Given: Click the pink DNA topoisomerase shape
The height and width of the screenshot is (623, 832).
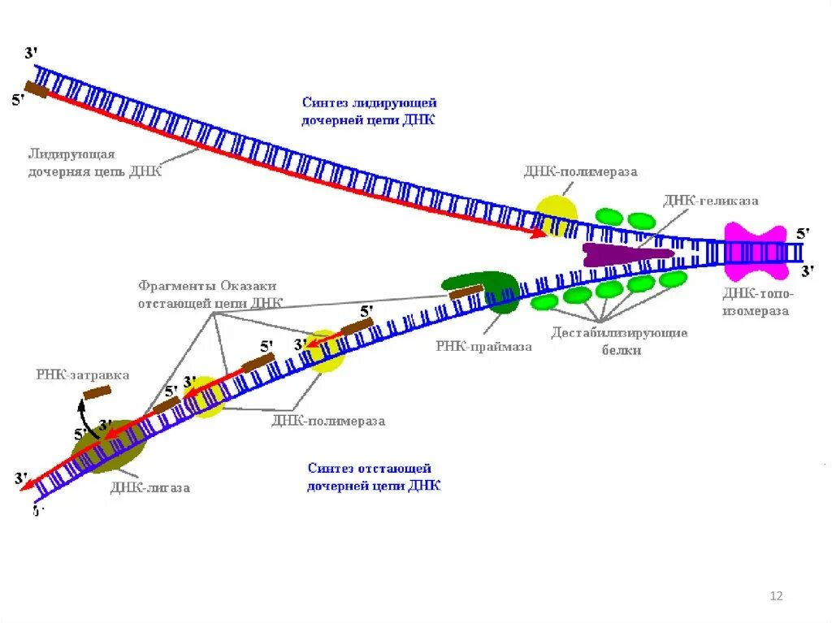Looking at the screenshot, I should pos(755,251).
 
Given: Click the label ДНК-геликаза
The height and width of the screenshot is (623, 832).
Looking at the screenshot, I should pos(710,201).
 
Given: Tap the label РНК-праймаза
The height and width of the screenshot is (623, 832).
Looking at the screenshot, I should pos(483,346).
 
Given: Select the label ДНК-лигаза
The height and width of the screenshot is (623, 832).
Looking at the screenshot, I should pos(150,487).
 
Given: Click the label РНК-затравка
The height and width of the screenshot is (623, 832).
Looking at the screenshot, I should pos(82,374).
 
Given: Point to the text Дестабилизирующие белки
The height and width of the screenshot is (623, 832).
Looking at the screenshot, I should pos(619,341).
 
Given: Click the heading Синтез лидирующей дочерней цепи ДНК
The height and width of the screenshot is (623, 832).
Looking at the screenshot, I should pos(370,111).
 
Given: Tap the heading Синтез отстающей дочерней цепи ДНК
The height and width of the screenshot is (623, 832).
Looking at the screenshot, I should pos(374,477).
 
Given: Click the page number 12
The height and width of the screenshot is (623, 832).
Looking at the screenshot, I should pos(775,596).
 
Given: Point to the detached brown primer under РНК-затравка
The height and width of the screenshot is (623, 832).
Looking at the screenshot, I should pos(98,392).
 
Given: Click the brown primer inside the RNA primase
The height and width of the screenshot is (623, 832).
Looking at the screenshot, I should pos(466,290).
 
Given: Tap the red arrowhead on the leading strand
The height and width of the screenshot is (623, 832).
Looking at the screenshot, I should pos(539,233).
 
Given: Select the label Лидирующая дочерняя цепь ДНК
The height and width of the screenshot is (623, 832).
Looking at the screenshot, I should pos(95,162).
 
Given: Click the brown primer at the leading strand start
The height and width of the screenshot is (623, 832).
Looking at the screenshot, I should pos(36,89).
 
